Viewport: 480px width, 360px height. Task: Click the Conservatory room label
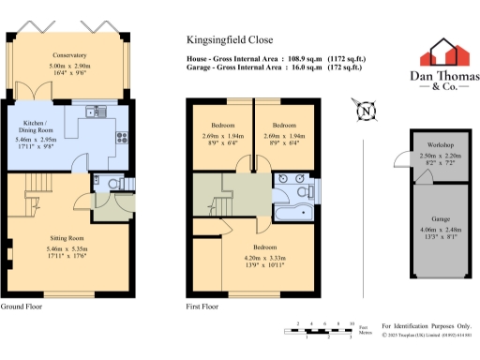pyautogui.click(x=70, y=55)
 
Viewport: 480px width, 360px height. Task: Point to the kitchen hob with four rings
pyautogui.click(x=122, y=140)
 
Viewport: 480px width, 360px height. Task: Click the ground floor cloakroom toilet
pyautogui.click(x=109, y=183)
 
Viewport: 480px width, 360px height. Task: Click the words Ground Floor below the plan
pyautogui.click(x=21, y=307)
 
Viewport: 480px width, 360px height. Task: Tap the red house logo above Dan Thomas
pyautogui.click(x=444, y=52)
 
